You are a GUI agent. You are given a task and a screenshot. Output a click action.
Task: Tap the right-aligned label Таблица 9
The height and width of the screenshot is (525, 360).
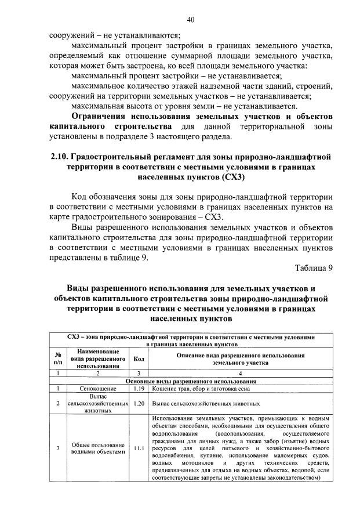tap(314, 268)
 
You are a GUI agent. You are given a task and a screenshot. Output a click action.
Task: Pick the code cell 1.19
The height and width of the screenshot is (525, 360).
tap(139, 388)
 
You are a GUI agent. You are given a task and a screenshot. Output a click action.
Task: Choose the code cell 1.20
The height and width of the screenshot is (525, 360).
tap(139, 403)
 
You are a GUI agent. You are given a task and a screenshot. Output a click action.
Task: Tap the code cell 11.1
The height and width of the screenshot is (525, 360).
tap(139, 447)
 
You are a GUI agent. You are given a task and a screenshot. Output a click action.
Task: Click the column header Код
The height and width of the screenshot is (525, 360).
tap(139, 359)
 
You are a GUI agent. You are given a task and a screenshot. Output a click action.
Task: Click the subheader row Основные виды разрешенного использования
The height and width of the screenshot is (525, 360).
tap(191, 381)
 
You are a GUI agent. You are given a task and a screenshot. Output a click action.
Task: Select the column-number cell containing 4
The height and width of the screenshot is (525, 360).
tap(241, 373)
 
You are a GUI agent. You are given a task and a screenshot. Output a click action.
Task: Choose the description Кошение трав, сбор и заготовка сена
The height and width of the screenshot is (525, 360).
tap(199, 388)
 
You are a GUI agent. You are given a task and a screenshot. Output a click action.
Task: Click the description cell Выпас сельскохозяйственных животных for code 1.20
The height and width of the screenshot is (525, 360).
tap(206, 403)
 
